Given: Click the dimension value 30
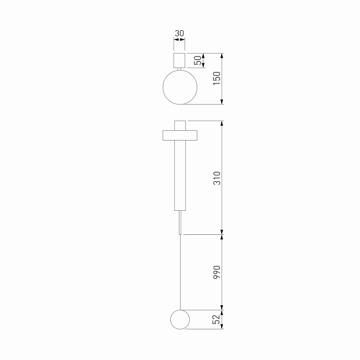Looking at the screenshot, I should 179,33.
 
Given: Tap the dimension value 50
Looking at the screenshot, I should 197,61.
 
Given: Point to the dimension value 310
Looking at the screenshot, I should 216,178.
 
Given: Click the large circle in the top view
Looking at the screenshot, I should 179,87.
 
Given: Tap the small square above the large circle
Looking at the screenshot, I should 179,61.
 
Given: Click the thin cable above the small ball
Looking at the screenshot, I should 180,274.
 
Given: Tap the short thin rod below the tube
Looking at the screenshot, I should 180,223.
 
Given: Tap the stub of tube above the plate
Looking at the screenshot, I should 180,125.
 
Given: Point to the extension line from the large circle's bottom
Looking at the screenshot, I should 203,105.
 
